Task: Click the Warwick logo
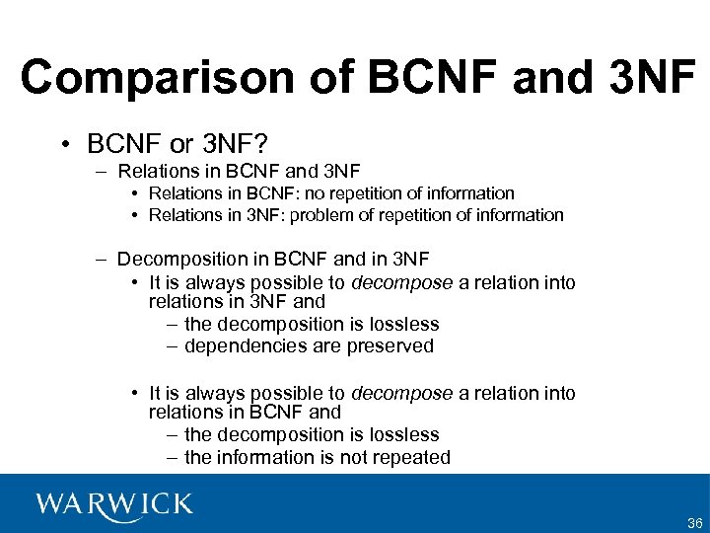point(114,503)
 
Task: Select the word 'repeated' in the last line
point(411,457)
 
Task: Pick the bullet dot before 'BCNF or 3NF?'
point(63,145)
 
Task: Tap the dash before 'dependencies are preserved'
point(173,345)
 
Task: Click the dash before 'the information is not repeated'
point(173,457)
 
